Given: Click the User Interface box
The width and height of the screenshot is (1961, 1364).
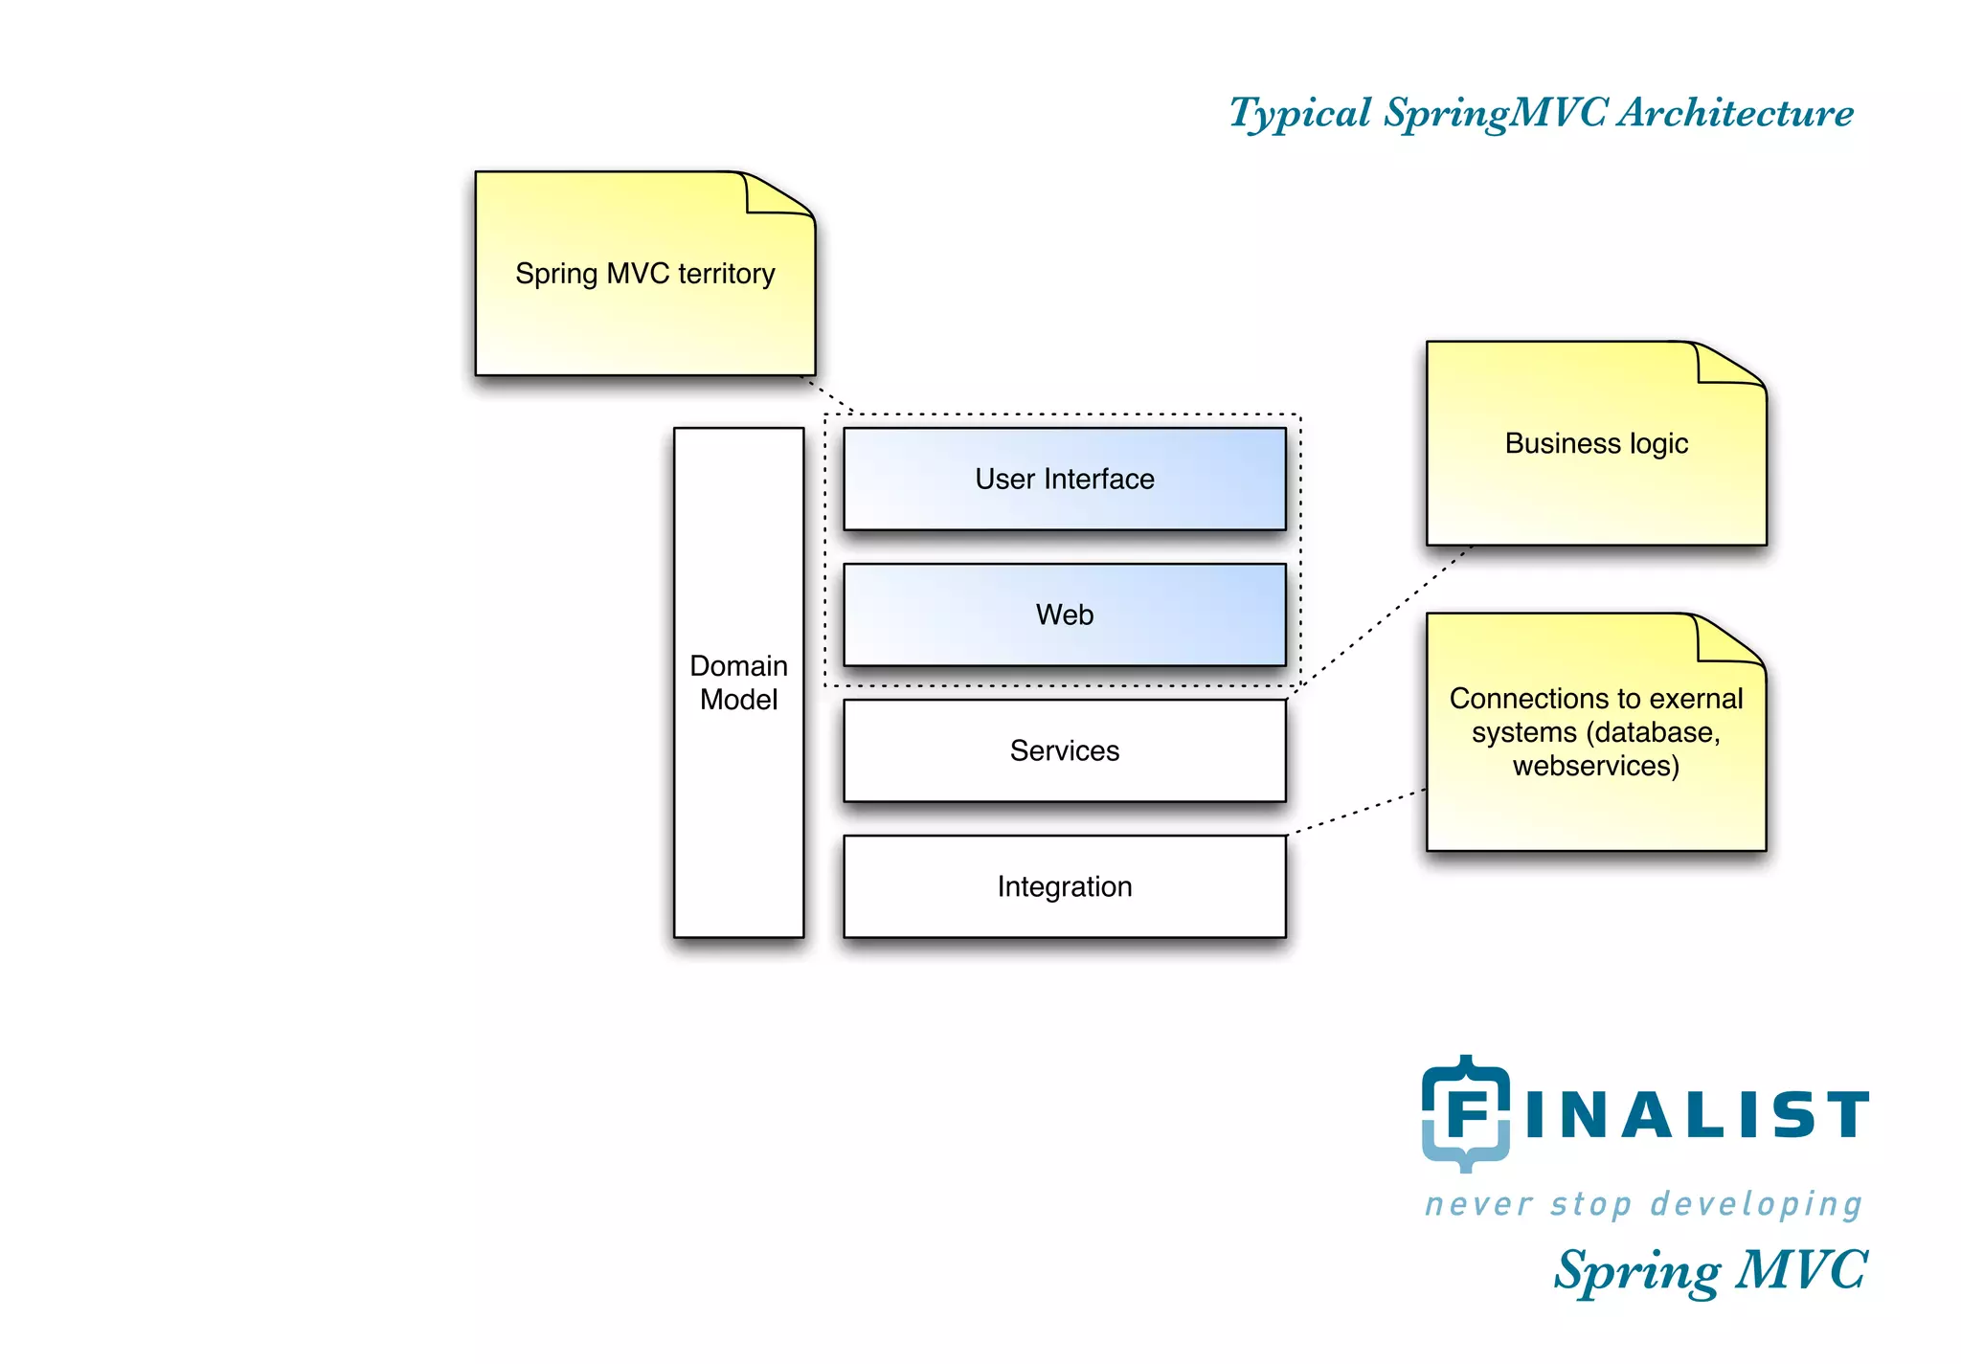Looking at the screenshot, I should [1064, 479].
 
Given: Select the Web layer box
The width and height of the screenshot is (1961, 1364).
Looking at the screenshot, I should [1064, 615].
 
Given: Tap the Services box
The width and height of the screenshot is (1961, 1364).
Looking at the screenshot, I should [1064, 750].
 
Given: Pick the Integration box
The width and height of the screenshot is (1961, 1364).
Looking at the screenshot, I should [1064, 886].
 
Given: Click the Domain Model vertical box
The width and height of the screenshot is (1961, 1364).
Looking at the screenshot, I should [738, 682].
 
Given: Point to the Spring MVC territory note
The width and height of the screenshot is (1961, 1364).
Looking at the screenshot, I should [644, 274].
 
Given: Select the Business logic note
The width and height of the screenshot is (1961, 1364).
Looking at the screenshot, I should [1595, 444].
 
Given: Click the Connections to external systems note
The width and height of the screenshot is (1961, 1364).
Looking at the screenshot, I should [1595, 732].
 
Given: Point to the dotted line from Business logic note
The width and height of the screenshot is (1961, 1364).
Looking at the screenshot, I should [1384, 617].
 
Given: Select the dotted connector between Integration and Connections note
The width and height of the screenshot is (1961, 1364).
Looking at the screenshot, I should [1356, 812].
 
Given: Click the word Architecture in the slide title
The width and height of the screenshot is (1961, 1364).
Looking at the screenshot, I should [1735, 113].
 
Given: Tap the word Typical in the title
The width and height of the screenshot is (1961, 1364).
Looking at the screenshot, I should [1300, 114].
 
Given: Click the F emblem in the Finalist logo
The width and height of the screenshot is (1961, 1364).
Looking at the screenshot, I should [1465, 1113].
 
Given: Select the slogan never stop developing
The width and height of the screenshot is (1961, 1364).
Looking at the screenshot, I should [1643, 1204].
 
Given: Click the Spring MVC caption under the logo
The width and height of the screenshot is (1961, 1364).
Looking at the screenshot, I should [1710, 1271].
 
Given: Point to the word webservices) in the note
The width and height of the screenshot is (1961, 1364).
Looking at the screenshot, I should [1595, 766].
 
